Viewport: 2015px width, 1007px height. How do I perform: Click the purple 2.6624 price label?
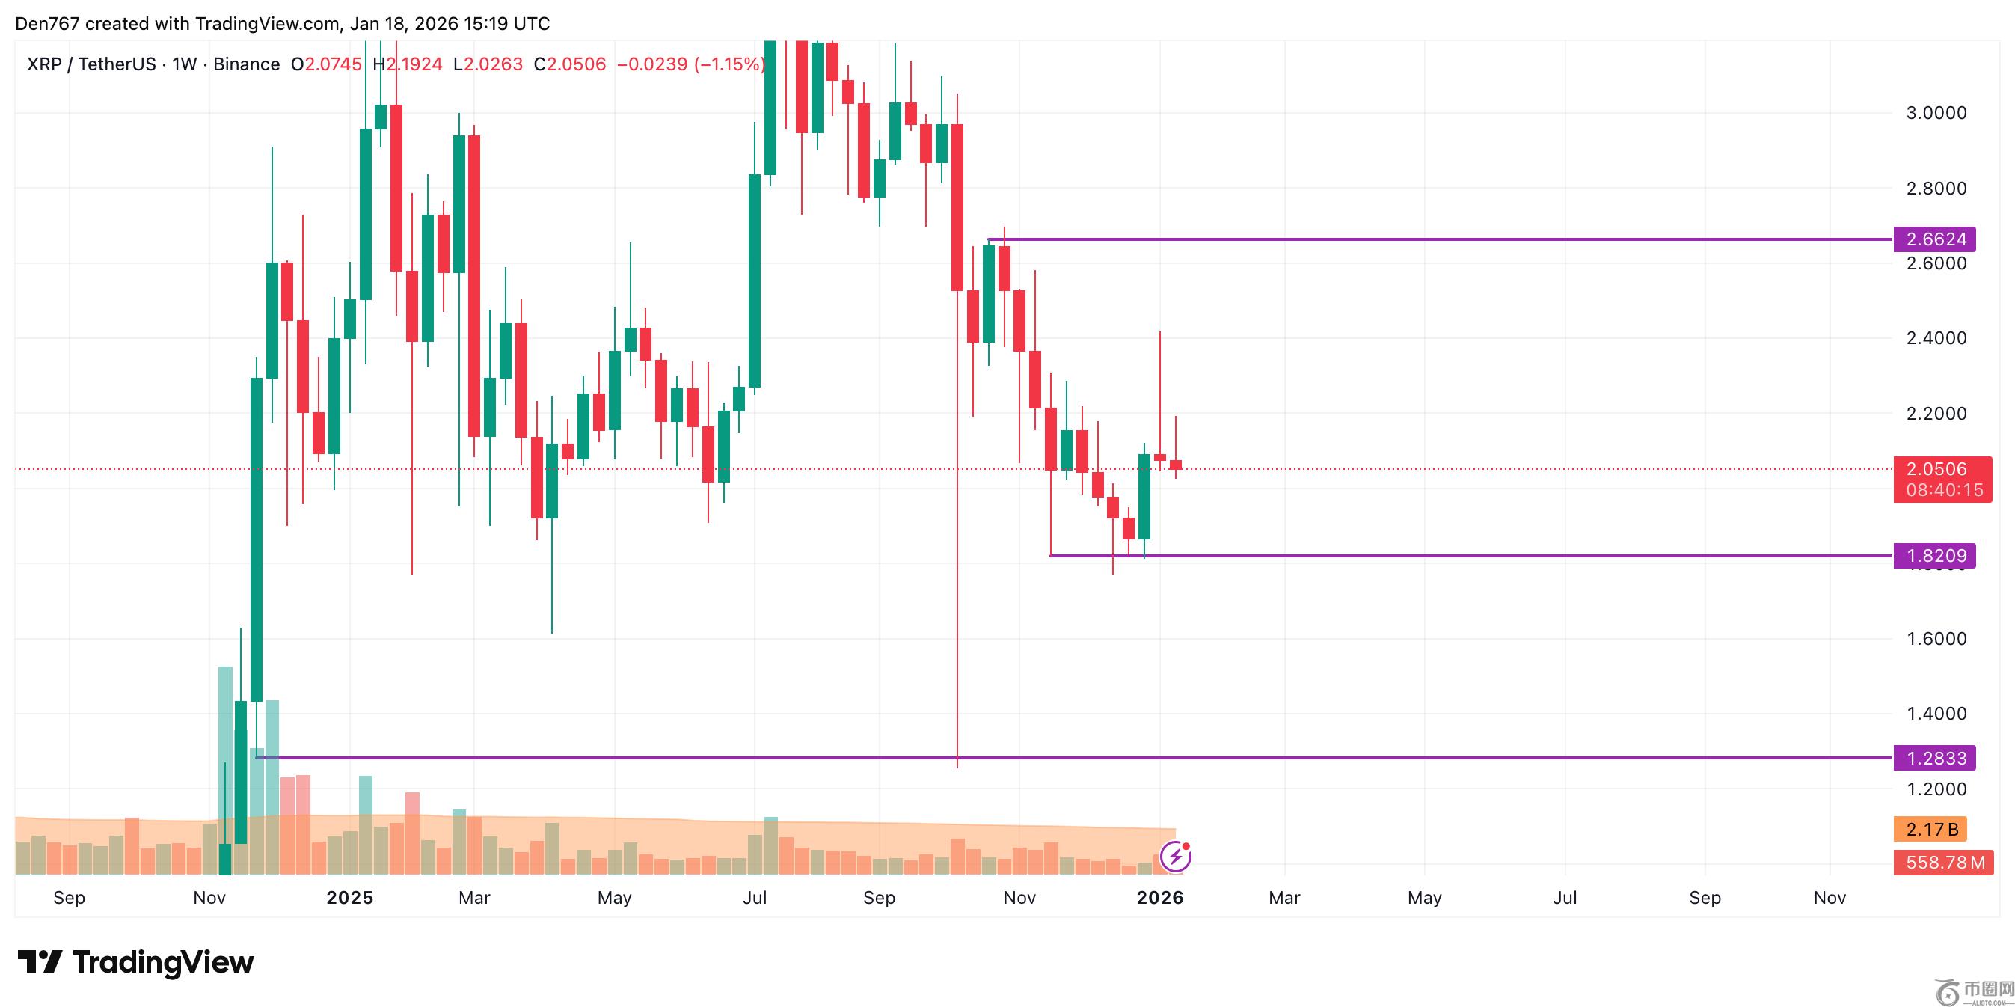click(x=1934, y=239)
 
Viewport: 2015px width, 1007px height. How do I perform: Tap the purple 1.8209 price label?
click(x=1934, y=557)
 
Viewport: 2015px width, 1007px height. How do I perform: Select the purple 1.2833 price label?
click(x=1934, y=758)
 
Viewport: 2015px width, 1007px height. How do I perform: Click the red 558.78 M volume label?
click(x=1944, y=863)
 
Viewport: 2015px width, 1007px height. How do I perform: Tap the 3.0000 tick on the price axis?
click(x=1936, y=114)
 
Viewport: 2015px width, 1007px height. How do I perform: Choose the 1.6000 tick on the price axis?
click(x=1936, y=639)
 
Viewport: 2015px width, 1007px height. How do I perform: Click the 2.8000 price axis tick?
click(x=1936, y=189)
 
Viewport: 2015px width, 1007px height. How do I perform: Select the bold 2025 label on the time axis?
click(x=349, y=898)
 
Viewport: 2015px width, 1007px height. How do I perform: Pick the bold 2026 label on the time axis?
click(x=1160, y=898)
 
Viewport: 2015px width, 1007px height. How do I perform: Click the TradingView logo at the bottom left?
click(x=136, y=962)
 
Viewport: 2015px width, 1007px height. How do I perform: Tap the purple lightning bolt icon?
click(x=1175, y=857)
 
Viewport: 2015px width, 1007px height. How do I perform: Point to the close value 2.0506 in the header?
click(x=577, y=64)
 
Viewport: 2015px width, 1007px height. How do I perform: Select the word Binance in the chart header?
click(x=246, y=64)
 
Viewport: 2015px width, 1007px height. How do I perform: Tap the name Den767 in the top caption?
click(x=47, y=23)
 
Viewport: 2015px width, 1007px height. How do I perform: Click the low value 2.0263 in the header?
click(x=493, y=64)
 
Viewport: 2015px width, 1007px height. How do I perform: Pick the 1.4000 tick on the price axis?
click(x=1936, y=714)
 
